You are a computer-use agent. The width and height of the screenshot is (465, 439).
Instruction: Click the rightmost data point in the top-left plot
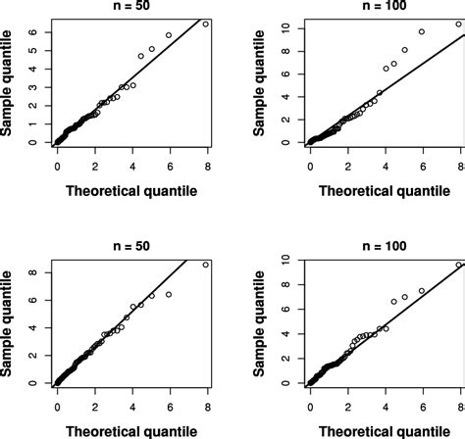(205, 24)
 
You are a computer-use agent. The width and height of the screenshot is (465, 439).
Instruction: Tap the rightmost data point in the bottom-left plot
(205, 264)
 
